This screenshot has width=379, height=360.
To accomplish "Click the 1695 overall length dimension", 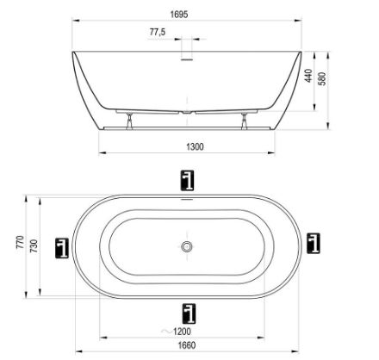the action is (x=179, y=15).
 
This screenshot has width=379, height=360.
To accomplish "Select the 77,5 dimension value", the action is (x=158, y=32).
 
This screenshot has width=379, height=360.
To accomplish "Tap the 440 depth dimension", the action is (x=308, y=76).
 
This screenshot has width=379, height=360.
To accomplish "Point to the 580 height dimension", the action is (x=322, y=78).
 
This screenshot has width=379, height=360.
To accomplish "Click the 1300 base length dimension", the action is (x=195, y=146).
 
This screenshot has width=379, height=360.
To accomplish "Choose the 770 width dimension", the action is (x=21, y=243).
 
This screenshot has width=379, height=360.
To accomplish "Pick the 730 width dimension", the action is (x=34, y=245).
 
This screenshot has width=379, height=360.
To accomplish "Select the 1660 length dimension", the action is (x=187, y=345).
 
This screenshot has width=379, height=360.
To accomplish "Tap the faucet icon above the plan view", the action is (x=188, y=180).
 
